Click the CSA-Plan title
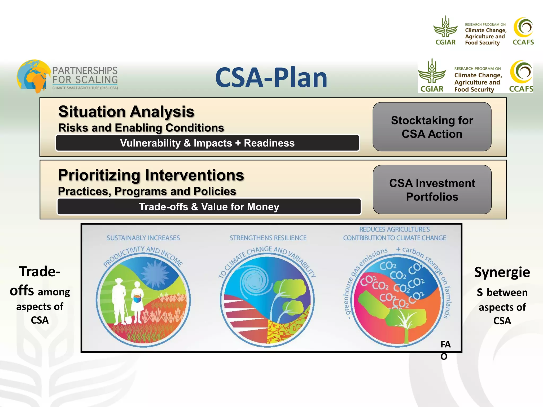[x=271, y=77]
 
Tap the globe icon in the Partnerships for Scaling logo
[x=33, y=76]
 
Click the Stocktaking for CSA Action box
[x=432, y=127]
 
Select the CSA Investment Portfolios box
[x=432, y=190]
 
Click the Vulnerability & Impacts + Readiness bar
[x=207, y=143]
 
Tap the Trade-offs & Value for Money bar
[x=209, y=207]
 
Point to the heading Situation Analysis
[x=126, y=112]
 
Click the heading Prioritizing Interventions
[x=151, y=175]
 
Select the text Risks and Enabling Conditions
[x=141, y=128]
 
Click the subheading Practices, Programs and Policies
[x=147, y=191]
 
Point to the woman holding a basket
[x=137, y=302]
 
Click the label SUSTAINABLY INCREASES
[x=143, y=238]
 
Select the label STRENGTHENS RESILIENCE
[x=268, y=238]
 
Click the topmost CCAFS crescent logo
[x=523, y=27]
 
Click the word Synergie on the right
[x=502, y=272]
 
